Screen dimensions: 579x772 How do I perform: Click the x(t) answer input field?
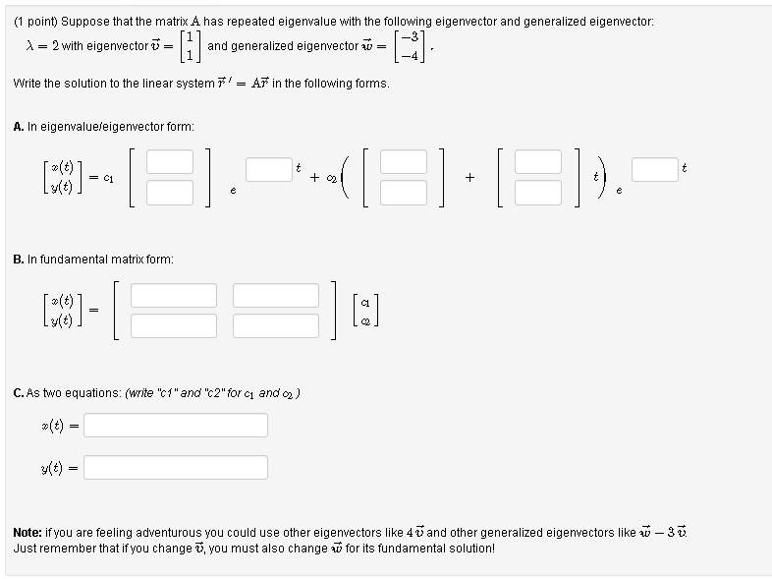click(x=182, y=425)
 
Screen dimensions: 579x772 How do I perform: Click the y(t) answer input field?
click(x=182, y=467)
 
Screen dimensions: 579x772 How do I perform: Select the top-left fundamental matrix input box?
click(x=174, y=295)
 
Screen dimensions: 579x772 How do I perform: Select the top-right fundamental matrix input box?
click(x=276, y=295)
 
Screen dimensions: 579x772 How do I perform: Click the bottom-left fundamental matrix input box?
click(x=174, y=325)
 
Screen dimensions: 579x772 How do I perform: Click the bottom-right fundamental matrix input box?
click(x=276, y=325)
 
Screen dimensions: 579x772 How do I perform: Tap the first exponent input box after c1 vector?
click(x=268, y=169)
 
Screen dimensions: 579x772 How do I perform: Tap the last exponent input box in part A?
click(x=655, y=169)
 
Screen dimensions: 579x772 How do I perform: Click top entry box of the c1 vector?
click(x=171, y=162)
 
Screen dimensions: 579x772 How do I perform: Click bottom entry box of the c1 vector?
click(x=171, y=192)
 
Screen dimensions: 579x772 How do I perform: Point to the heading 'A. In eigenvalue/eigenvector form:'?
click(x=104, y=127)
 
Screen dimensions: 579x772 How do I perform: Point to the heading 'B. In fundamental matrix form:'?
click(x=94, y=260)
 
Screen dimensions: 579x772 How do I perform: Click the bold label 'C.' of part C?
click(x=19, y=393)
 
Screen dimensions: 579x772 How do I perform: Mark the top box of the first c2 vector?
click(x=404, y=162)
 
